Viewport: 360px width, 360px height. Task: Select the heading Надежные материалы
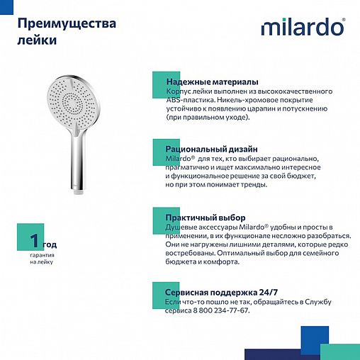212,83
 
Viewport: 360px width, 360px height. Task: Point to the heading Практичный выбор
206,218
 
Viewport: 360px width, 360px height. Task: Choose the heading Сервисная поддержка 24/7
224,292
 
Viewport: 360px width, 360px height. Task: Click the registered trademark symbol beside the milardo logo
344,20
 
